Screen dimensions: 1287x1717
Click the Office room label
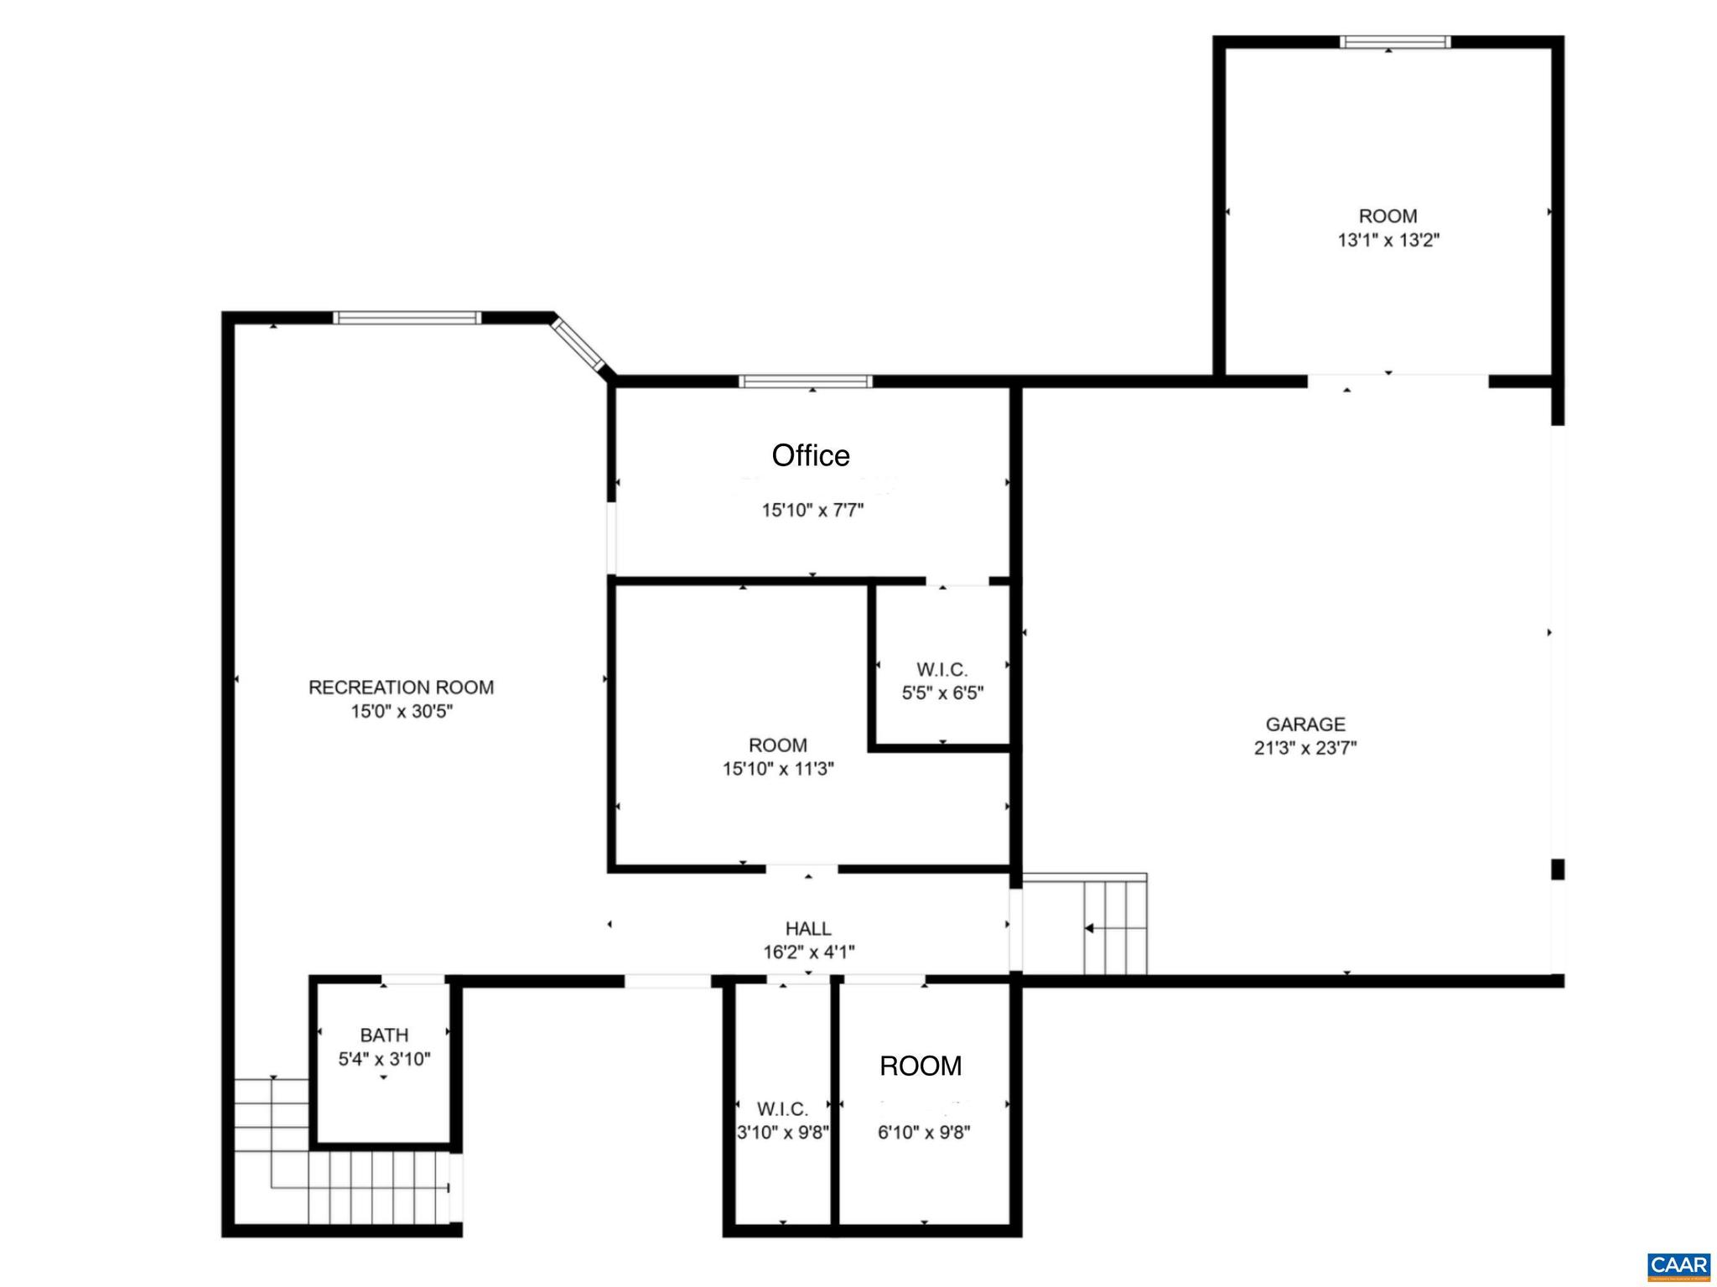(x=811, y=455)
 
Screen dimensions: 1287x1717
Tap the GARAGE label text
(x=1305, y=724)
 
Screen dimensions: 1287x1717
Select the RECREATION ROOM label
(x=401, y=688)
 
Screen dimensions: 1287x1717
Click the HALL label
(x=808, y=928)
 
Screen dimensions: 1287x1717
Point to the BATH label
(x=384, y=1035)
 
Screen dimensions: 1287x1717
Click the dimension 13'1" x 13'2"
(x=1388, y=241)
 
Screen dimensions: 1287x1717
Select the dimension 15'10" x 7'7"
(x=812, y=511)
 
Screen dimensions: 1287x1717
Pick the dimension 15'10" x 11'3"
(x=778, y=769)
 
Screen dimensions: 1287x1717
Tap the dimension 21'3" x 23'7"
(x=1305, y=748)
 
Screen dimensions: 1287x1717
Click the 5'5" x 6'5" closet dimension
(x=942, y=693)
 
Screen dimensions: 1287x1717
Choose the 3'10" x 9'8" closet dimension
(x=782, y=1133)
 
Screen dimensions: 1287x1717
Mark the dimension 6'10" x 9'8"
(x=924, y=1133)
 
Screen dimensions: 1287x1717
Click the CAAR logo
(x=1678, y=1265)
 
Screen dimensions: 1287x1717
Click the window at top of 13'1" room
(x=1394, y=42)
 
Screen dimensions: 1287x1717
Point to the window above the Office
(x=806, y=381)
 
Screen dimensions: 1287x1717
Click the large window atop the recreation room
(x=407, y=318)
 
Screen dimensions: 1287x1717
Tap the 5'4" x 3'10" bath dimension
(x=384, y=1059)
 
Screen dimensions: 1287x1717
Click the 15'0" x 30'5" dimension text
(x=401, y=712)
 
